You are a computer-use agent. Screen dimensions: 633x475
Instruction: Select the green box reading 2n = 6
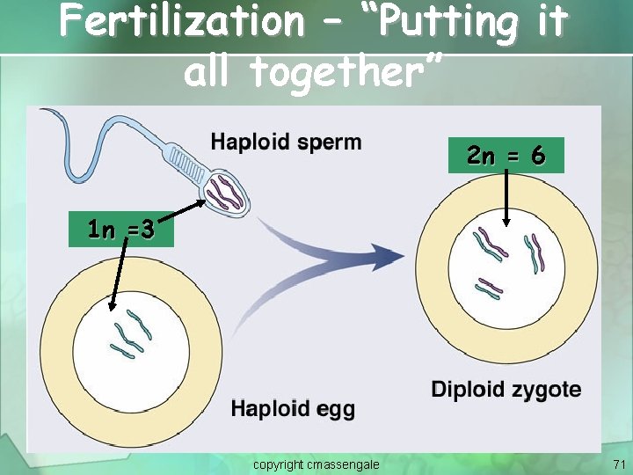[x=506, y=157]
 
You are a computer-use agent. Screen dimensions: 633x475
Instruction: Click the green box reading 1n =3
[x=121, y=230]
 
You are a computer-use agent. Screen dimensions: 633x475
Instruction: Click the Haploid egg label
[x=293, y=409]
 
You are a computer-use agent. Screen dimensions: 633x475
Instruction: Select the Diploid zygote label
[x=506, y=390]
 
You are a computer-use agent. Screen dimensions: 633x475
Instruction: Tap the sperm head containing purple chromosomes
[x=225, y=192]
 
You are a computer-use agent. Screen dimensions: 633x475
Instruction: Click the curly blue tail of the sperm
[x=70, y=132]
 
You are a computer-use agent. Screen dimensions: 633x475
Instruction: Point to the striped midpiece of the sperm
[x=186, y=165]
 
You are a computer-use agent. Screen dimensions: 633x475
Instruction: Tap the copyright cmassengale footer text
[x=316, y=464]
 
